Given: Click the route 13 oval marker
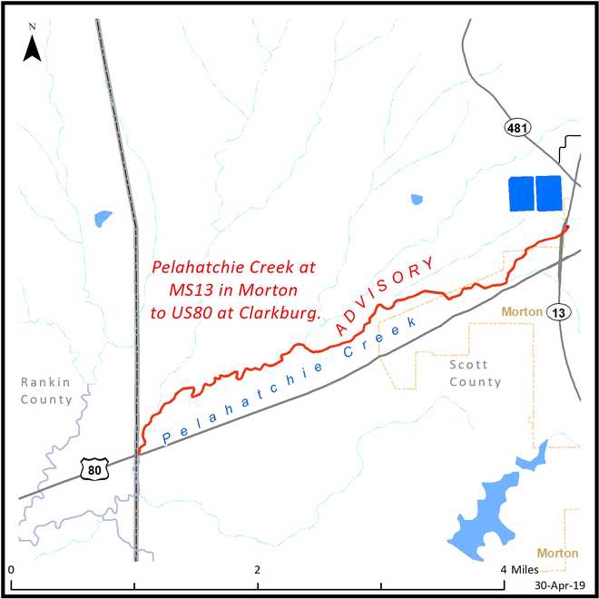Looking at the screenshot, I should (x=559, y=312).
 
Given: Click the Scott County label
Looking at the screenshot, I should (x=475, y=373).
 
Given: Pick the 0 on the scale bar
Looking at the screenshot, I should (x=12, y=570).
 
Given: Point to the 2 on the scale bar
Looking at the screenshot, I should (x=259, y=570).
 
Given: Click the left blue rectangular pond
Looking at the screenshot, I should (x=521, y=193).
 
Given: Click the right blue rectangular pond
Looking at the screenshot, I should (x=549, y=193).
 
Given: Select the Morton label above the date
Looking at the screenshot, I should (x=558, y=553).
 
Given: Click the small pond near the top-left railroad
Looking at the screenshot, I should (x=103, y=219).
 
